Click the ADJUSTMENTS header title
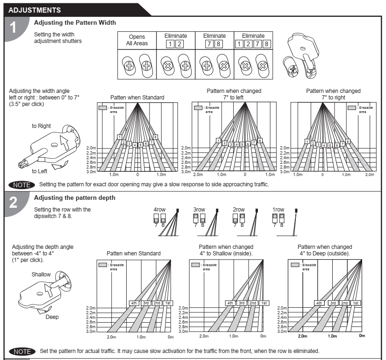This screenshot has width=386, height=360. pos(35,10)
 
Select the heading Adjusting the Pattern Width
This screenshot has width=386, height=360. pos(75,22)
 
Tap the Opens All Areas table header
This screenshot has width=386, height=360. pos(136,40)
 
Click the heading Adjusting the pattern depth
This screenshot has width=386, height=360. pos(75,198)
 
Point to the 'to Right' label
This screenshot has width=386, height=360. pos(42,126)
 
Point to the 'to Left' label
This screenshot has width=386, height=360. pos(41,171)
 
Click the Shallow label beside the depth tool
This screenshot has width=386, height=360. pos(41,274)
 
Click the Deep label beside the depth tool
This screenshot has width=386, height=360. pos(52,317)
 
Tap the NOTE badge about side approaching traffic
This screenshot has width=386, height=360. pos(21,184)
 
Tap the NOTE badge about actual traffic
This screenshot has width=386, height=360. pos(21,351)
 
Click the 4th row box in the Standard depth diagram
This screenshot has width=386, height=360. pos(134,303)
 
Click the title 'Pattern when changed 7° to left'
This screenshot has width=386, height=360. pos(234,94)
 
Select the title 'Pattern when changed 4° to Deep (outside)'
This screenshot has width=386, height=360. pos(324,250)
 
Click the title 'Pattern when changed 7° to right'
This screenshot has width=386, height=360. pos(333,94)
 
